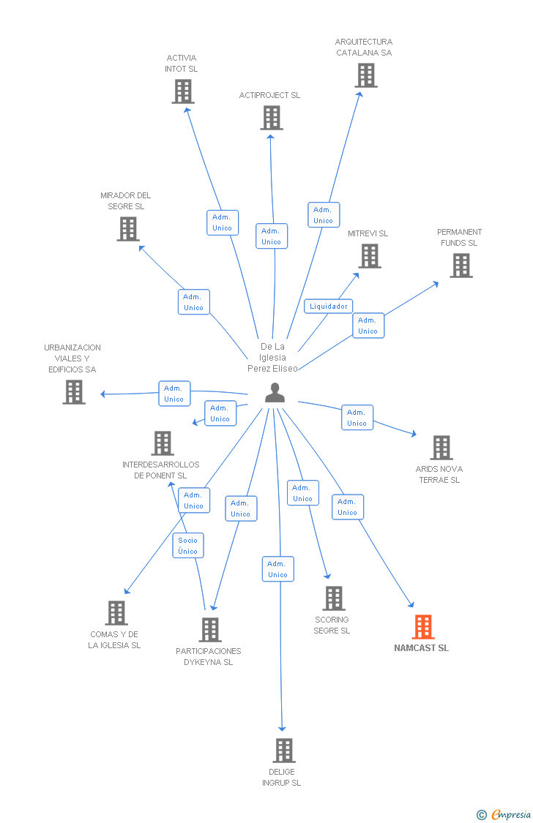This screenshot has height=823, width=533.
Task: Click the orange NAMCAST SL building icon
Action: point(423,627)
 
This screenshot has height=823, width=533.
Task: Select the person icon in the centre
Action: point(275,393)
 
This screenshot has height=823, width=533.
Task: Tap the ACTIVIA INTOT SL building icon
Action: point(183,91)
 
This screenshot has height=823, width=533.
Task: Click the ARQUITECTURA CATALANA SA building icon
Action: point(365,75)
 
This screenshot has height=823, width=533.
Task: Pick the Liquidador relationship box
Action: point(329,307)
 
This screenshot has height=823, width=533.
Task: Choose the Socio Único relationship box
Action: point(188,546)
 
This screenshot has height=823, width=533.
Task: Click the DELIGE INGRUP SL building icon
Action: point(284,751)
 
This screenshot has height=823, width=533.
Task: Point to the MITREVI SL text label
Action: point(368,233)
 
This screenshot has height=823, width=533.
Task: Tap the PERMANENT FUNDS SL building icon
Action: point(461,266)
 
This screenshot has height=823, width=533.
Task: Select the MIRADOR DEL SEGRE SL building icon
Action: point(128,229)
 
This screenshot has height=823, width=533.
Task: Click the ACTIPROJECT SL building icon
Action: point(272,118)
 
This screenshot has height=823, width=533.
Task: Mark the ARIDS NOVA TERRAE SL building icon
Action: point(441,448)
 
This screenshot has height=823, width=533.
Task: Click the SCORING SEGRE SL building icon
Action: point(334,598)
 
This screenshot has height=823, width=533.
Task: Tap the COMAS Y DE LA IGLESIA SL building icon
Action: point(116,613)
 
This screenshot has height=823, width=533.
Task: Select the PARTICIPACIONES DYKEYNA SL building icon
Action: point(210,630)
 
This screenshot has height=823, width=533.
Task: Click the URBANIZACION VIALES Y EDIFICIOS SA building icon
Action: point(74,392)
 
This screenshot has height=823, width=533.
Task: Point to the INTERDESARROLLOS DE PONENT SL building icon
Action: point(163,443)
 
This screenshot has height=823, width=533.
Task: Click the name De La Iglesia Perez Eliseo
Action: point(272,358)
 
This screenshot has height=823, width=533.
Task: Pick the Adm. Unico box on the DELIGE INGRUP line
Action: point(278,569)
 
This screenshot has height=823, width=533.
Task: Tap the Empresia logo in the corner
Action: point(505,814)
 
